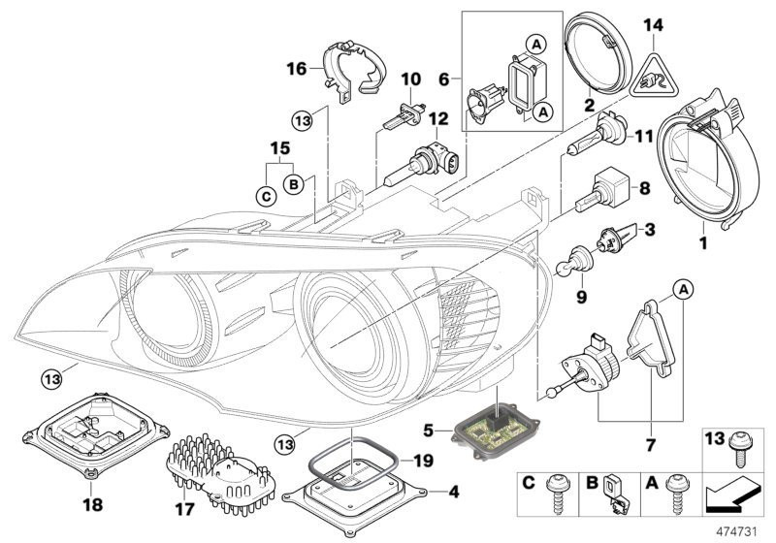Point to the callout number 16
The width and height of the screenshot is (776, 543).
click(x=296, y=68)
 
